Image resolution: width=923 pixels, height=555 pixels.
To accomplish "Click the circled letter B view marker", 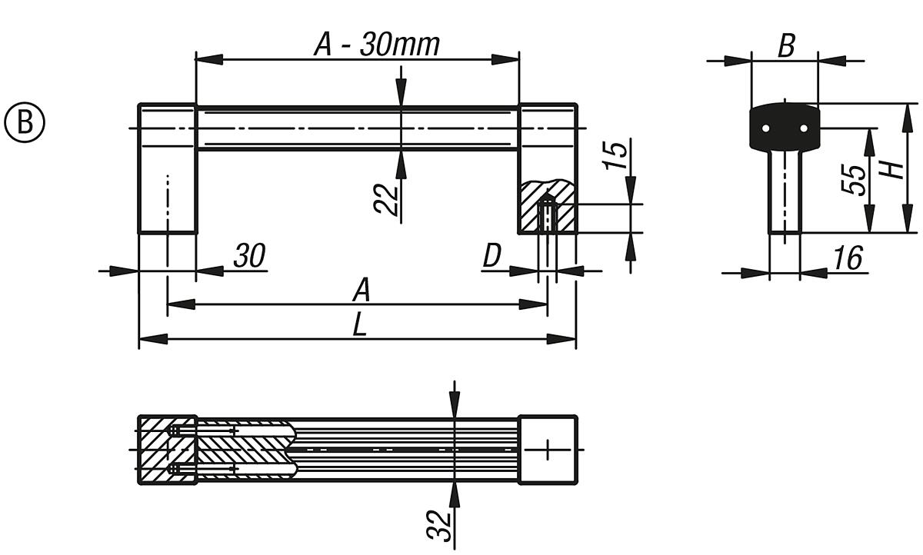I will (x=25, y=124).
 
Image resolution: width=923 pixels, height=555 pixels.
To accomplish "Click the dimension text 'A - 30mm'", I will (x=376, y=45).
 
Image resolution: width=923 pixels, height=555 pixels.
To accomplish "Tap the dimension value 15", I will (x=616, y=156).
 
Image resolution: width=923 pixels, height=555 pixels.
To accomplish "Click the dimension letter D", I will (x=492, y=257).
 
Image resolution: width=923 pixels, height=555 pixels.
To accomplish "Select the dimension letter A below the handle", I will (x=362, y=291).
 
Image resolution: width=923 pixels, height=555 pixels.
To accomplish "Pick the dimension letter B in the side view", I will (x=785, y=46).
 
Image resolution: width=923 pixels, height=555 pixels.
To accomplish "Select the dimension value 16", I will (x=848, y=258).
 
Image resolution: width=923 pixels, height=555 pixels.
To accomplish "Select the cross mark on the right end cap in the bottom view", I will (x=548, y=449).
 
